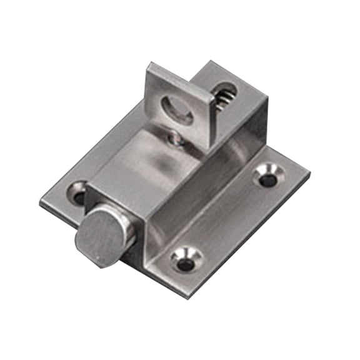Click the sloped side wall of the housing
(200, 187)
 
